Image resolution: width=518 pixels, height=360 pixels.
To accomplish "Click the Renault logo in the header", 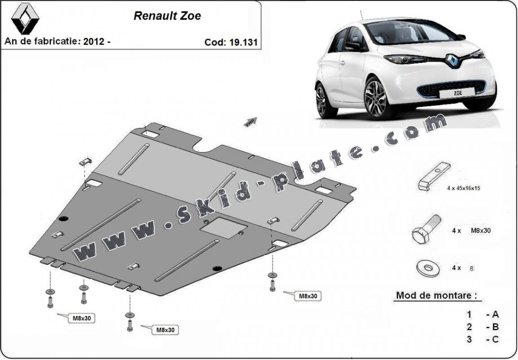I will click(25, 18).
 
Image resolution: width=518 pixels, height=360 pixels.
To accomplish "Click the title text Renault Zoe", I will click(167, 16).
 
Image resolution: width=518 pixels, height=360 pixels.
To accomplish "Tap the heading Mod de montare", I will click(436, 296).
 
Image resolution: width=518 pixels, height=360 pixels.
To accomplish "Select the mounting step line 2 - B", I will click(482, 327).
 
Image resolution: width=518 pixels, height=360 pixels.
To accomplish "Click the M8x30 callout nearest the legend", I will click(308, 296).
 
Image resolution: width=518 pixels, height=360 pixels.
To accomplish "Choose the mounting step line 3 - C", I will click(482, 339).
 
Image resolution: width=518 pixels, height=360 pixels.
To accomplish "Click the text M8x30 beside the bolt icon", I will click(480, 231).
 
